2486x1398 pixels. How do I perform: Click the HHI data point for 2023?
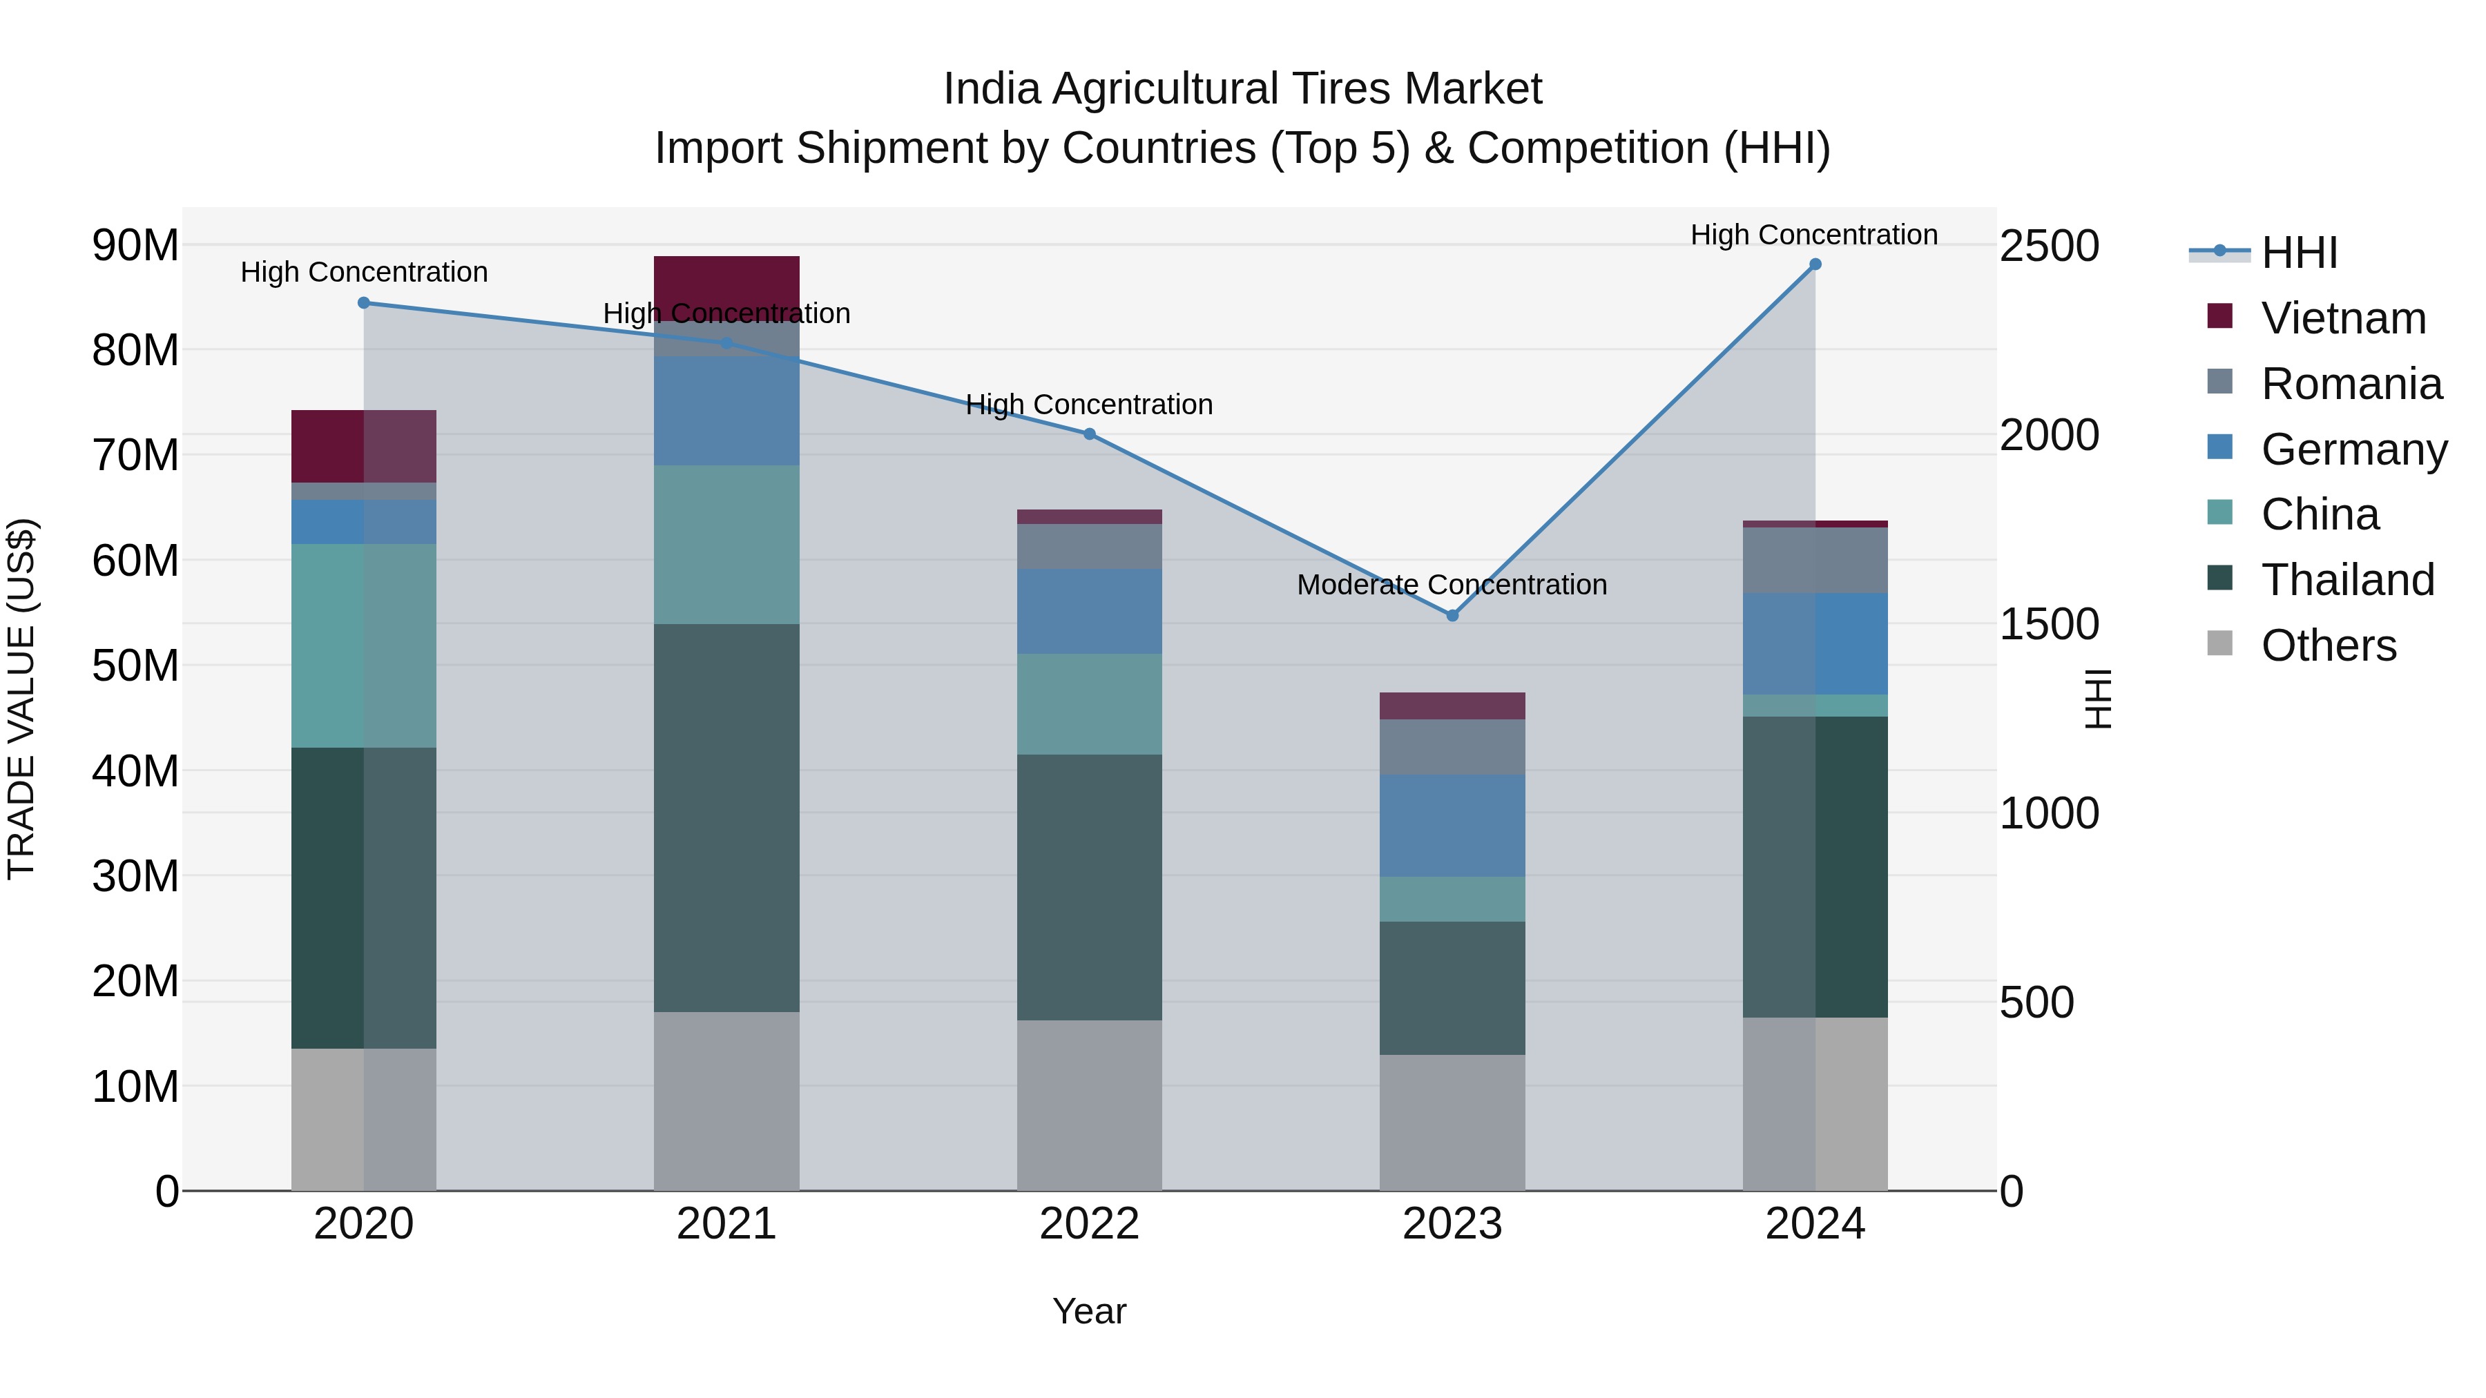click(1452, 616)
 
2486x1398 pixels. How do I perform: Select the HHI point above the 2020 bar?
click(364, 303)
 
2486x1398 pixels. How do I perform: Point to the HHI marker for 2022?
click(1090, 434)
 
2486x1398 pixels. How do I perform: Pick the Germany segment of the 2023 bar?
click(1452, 825)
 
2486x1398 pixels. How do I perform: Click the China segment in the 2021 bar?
click(726, 545)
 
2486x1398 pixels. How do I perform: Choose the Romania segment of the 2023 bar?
click(1452, 747)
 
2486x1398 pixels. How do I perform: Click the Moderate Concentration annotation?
click(1452, 585)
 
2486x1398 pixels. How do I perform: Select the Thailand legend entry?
click(2347, 580)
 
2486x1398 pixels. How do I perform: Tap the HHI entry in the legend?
click(2299, 253)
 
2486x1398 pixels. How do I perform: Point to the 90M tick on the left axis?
click(135, 245)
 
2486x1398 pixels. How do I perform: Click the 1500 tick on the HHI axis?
click(2049, 624)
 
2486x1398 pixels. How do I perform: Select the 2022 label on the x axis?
click(1090, 1224)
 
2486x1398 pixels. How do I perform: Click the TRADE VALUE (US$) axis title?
click(21, 699)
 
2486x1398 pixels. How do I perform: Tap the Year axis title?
click(1090, 1311)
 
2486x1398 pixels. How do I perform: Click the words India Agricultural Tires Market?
click(1242, 89)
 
